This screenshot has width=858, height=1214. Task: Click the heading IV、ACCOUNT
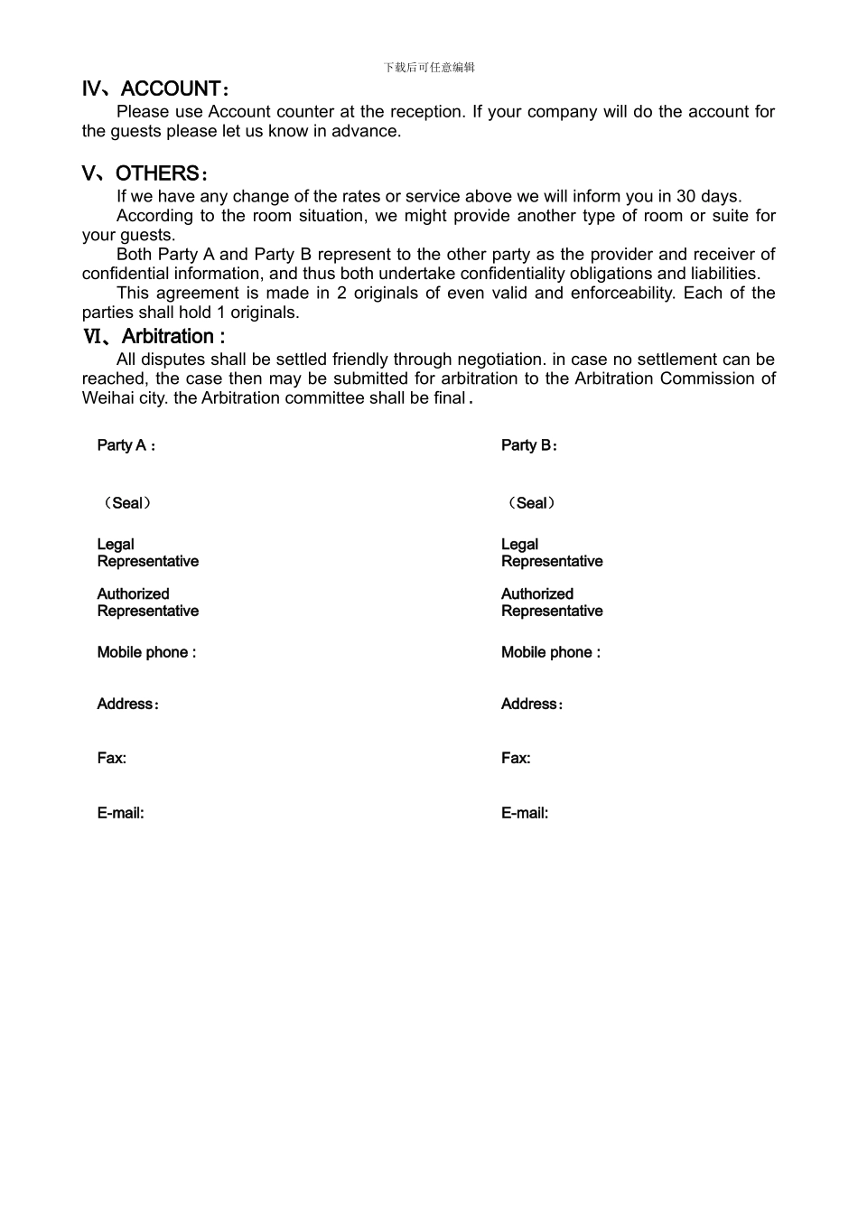pos(155,89)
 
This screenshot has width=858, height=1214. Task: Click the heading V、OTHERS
pos(145,173)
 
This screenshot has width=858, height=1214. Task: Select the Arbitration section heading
pos(154,337)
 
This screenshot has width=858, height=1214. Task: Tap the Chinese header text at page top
pos(429,68)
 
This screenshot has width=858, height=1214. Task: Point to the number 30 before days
pos(685,197)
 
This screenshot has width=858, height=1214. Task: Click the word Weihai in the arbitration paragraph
pos(107,398)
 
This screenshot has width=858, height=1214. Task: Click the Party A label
pos(126,445)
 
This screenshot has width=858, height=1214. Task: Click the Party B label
pos(529,445)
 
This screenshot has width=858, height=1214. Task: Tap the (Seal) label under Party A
pos(127,503)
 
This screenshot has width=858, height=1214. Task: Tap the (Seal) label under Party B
pos(531,503)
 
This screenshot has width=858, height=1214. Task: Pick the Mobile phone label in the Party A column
pos(146,652)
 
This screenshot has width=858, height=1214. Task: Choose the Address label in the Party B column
pos(532,705)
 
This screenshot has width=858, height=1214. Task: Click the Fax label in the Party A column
pos(112,759)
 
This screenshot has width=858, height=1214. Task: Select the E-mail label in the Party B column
pos(525,814)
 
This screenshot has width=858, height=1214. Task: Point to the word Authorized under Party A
pos(133,594)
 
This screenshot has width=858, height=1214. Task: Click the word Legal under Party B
pos(519,545)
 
